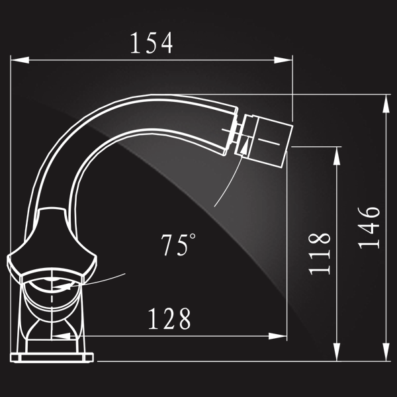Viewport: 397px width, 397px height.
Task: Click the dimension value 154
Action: point(152,42)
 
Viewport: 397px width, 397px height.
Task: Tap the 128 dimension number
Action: point(169,318)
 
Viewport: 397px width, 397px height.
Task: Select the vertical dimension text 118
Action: point(320,253)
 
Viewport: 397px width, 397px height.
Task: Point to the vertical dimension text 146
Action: point(369,228)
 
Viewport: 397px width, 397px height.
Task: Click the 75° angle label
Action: point(178,245)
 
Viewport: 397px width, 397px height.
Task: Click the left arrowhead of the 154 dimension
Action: point(20,60)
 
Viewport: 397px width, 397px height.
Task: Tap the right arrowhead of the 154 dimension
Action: point(283,60)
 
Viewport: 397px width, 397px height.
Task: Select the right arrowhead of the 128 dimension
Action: point(277,336)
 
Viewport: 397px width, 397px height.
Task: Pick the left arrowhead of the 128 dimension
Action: point(61,336)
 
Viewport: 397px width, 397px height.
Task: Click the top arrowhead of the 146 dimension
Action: point(386,104)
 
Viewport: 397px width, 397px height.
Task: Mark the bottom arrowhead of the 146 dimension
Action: point(386,352)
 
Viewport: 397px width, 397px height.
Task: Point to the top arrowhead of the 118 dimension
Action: point(337,156)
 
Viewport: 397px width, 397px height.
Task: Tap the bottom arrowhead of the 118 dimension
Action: point(337,352)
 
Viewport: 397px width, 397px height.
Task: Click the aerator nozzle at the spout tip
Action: point(264,141)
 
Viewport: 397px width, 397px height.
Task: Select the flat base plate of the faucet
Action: point(52,358)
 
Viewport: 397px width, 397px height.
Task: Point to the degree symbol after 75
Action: point(193,236)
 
